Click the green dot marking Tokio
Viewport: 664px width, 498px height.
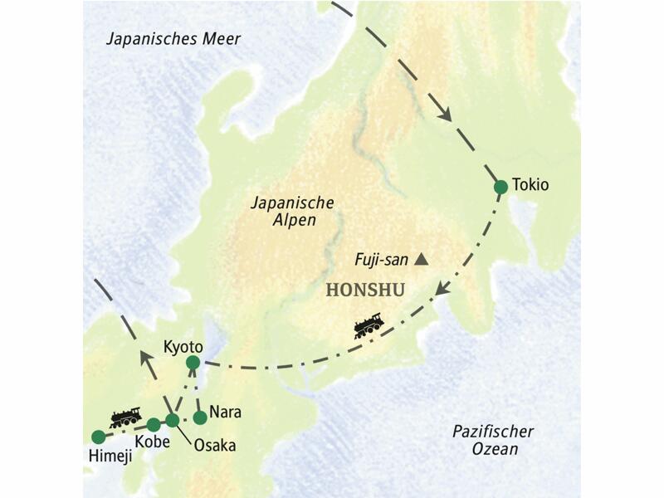(500, 188)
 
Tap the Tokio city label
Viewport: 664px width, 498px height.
(531, 184)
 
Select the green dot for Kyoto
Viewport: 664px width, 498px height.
(193, 362)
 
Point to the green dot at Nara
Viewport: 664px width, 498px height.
(199, 417)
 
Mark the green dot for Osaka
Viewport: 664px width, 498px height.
(172, 420)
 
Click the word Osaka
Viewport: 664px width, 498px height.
(214, 446)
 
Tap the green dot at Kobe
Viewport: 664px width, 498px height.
(154, 425)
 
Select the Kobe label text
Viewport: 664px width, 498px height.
(151, 442)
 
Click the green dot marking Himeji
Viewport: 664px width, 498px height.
(99, 437)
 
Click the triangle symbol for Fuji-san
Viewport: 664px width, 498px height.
(422, 260)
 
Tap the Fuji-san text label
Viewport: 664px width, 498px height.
(379, 260)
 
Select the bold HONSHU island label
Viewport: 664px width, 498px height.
(365, 290)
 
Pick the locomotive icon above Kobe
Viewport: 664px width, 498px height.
(125, 417)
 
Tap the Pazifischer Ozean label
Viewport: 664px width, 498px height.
(493, 440)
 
